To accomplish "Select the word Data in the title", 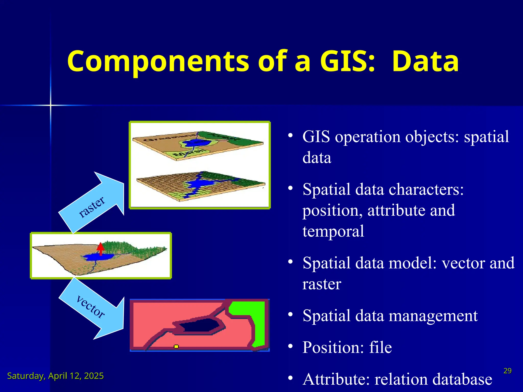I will pos(425,61).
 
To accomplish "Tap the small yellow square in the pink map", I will pos(176,346).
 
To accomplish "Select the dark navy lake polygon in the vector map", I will pos(200,326).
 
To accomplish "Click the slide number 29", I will pos(507,371).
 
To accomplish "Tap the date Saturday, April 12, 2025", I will pos(55,376).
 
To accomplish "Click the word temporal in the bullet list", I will pos(333,231).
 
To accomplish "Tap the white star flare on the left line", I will pos(51,105).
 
